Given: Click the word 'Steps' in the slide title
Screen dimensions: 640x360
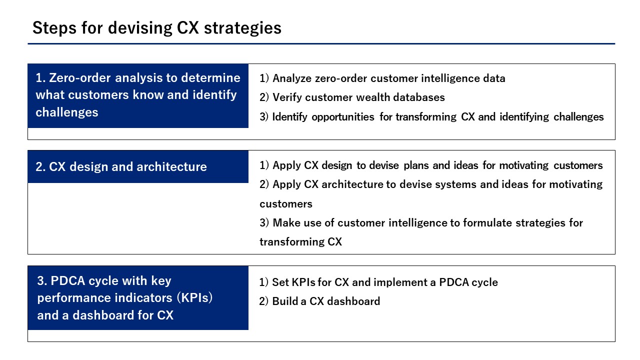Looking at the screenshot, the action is (x=54, y=28).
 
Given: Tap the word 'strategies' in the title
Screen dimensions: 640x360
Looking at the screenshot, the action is (x=242, y=28).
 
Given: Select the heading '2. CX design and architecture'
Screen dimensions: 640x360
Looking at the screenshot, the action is (x=121, y=166).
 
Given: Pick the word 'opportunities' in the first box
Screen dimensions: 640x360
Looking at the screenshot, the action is (x=343, y=117).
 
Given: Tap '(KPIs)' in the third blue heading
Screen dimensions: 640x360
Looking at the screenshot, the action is (x=194, y=297).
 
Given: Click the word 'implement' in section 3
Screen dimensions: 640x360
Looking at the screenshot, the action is (x=400, y=282).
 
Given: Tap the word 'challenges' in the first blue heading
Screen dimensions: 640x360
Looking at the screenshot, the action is (x=67, y=112).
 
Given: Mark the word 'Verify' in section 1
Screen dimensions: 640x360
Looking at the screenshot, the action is (x=287, y=97).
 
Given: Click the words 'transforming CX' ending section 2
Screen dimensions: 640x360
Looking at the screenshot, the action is (x=300, y=241).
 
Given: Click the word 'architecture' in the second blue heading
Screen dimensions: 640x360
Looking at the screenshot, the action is (x=171, y=166).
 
